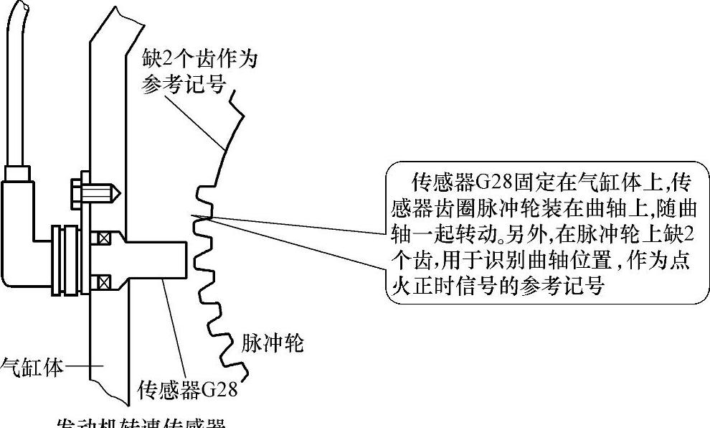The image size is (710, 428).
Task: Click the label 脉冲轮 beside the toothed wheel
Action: (x=273, y=344)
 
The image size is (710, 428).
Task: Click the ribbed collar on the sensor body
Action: (x=64, y=259)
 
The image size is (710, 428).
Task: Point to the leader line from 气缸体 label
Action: (x=80, y=367)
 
